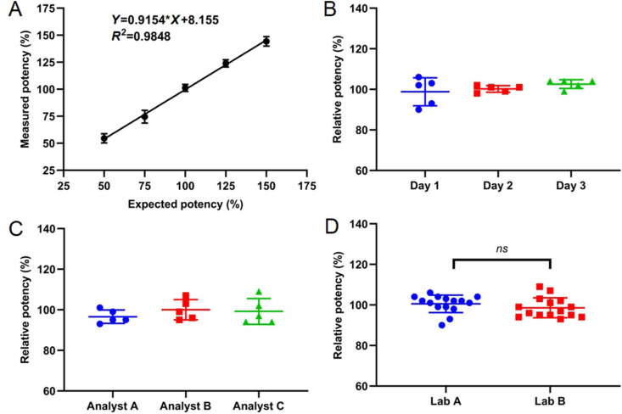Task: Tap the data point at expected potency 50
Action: pyautogui.click(x=104, y=137)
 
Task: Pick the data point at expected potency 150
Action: pyautogui.click(x=266, y=41)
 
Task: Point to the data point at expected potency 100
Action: pyautogui.click(x=185, y=87)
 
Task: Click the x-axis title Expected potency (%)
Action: pyautogui.click(x=185, y=204)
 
